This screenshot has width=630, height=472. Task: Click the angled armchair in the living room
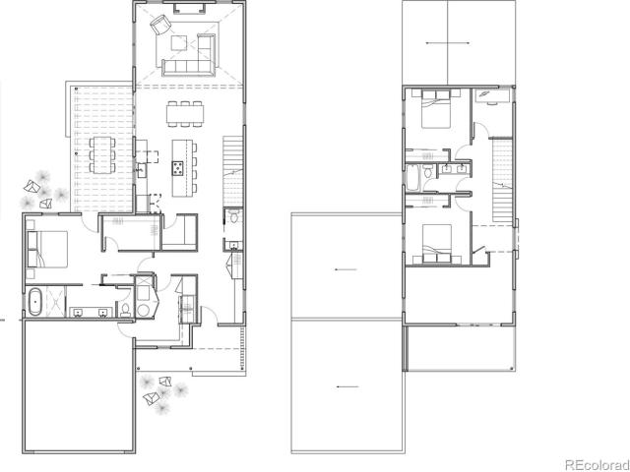[x=159, y=24]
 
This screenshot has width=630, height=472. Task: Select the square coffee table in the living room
[x=178, y=43]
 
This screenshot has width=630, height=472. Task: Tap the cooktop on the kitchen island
[x=177, y=168]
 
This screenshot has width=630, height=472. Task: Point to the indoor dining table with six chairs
[x=185, y=114]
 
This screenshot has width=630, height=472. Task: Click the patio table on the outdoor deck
[x=101, y=155]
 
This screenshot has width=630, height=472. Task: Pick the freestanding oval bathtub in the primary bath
[x=36, y=301]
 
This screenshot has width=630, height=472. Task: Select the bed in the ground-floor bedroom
[x=47, y=249]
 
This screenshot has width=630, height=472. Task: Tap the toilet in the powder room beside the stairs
[x=233, y=218]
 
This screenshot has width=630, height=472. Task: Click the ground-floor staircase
[x=233, y=171]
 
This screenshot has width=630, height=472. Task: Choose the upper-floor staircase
[x=502, y=180]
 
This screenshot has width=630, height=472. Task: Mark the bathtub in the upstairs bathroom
[x=412, y=178]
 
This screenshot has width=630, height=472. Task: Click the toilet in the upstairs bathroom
[x=427, y=171]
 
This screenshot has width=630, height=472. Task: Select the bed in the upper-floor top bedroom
[x=436, y=108]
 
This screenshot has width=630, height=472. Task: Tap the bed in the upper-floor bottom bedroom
[x=436, y=244]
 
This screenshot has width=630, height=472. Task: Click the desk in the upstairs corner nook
[x=492, y=95]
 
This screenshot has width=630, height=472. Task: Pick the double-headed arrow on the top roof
[x=448, y=43]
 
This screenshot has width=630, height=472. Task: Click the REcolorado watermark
[x=598, y=465]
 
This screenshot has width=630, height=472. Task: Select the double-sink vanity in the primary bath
[x=91, y=313]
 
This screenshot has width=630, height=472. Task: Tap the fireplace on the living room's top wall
[x=188, y=7]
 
